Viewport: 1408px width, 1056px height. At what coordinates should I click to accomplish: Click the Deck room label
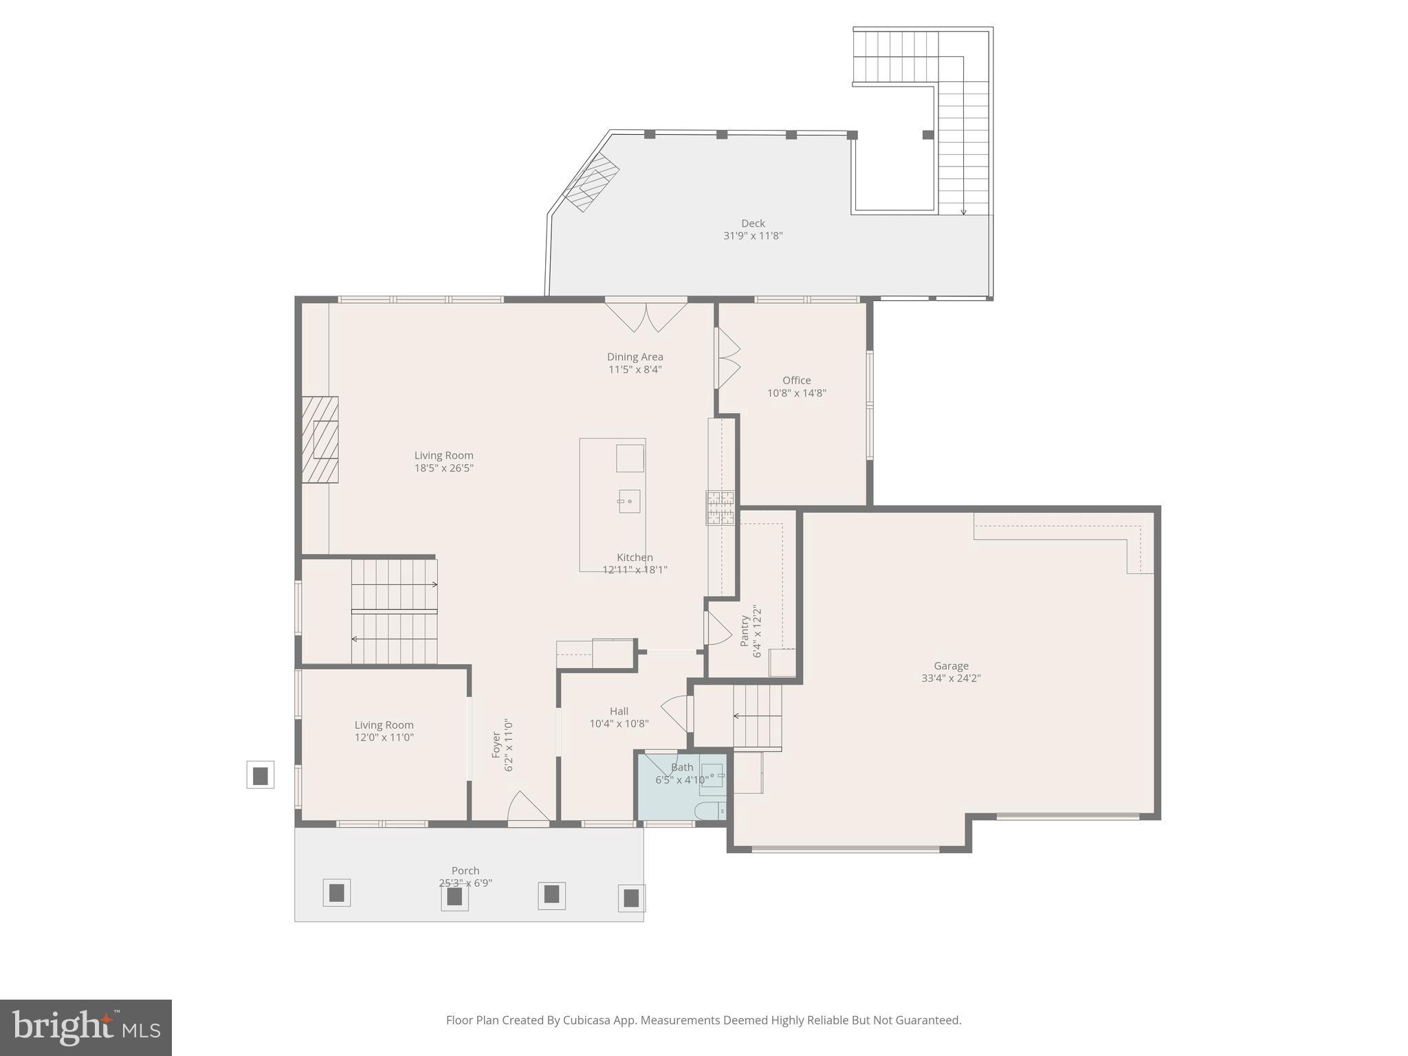[x=753, y=223]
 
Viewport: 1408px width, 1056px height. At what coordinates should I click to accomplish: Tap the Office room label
[x=796, y=380]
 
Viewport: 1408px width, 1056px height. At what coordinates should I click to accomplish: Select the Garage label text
[x=951, y=665]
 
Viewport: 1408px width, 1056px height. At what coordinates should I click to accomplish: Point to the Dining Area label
[x=635, y=357]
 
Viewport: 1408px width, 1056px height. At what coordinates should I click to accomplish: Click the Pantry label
[x=745, y=630]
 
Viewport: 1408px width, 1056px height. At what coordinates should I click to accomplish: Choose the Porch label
[x=465, y=870]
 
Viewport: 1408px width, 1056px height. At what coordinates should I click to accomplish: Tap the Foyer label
[x=496, y=745]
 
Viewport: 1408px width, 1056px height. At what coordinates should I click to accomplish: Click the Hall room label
[x=619, y=712]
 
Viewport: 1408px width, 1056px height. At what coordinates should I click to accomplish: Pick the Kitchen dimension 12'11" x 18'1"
[x=635, y=569]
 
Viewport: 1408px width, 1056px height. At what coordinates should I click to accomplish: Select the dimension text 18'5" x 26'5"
[x=443, y=468]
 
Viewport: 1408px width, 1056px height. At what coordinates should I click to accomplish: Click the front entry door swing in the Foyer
[x=527, y=808]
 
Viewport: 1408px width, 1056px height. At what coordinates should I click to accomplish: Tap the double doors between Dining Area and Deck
[x=646, y=316]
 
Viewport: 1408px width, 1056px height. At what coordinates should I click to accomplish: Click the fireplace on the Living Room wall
[x=320, y=440]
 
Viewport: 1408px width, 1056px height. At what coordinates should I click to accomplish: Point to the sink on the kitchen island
[x=629, y=501]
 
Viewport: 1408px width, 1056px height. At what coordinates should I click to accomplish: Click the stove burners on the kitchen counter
[x=720, y=508]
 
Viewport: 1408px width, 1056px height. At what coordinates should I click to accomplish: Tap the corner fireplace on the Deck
[x=591, y=182]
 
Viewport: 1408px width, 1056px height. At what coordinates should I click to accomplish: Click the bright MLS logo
[x=86, y=1028]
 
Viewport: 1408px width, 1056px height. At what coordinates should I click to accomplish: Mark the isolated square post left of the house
[x=260, y=775]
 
